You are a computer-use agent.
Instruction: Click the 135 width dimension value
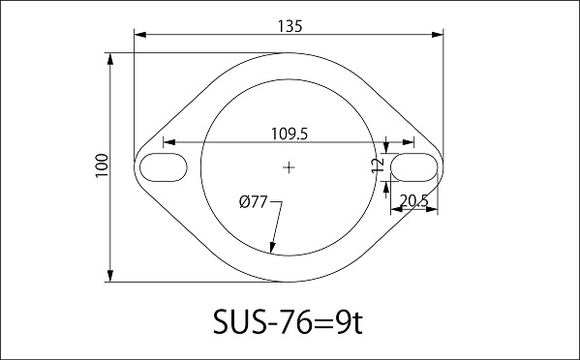tap(290, 26)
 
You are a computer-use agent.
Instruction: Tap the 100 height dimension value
tap(102, 165)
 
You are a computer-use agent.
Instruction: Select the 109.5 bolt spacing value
tap(290, 134)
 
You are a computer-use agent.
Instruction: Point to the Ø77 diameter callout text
tap(253, 202)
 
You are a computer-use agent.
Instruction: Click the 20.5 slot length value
tap(413, 200)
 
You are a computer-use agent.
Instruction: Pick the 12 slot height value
tap(378, 165)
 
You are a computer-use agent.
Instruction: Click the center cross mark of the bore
tap(289, 167)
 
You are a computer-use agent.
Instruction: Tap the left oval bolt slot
tap(164, 167)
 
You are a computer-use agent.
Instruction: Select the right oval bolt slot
tap(413, 167)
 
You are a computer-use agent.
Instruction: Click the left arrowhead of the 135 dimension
tap(140, 35)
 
